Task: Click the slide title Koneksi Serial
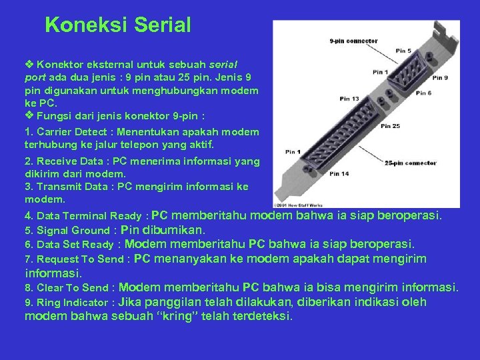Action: pyautogui.click(x=118, y=25)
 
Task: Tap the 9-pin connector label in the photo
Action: pyautogui.click(x=353, y=41)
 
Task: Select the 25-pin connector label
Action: pyautogui.click(x=411, y=162)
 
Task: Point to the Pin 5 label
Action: pyautogui.click(x=403, y=51)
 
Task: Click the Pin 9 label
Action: pyautogui.click(x=439, y=77)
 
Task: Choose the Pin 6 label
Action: pyautogui.click(x=423, y=93)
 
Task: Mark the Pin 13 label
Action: pyautogui.click(x=349, y=99)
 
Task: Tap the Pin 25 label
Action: pyautogui.click(x=391, y=126)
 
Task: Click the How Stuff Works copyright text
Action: pyautogui.click(x=298, y=203)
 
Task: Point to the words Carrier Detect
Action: pyautogui.click(x=67, y=131)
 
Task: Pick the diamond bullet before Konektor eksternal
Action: pyautogui.click(x=30, y=65)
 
